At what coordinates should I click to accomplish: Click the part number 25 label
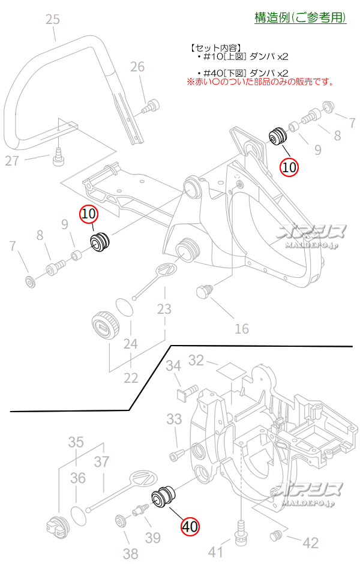tap(53, 20)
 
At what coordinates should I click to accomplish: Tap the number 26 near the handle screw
tap(137, 67)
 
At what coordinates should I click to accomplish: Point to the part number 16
tap(241, 328)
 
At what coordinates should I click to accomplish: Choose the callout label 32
tap(196, 360)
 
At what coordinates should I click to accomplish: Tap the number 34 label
tap(173, 365)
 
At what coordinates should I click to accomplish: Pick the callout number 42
tap(310, 543)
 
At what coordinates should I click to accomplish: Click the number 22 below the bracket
tap(130, 378)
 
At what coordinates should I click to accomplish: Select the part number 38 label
tap(130, 553)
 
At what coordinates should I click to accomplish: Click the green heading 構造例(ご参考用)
tap(300, 18)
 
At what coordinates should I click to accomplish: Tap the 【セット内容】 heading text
tap(215, 47)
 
